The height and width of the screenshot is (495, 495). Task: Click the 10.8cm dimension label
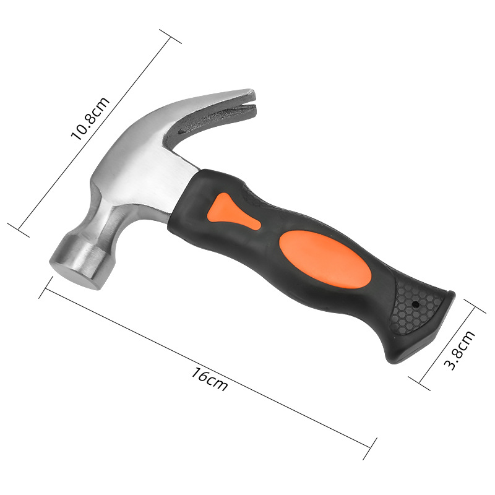tap(90, 118)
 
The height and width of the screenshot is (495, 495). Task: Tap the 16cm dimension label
tap(209, 379)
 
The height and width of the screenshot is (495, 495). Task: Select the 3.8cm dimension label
tap(459, 350)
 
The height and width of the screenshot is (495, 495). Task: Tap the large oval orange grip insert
tap(325, 259)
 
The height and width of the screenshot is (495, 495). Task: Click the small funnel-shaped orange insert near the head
tap(233, 211)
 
